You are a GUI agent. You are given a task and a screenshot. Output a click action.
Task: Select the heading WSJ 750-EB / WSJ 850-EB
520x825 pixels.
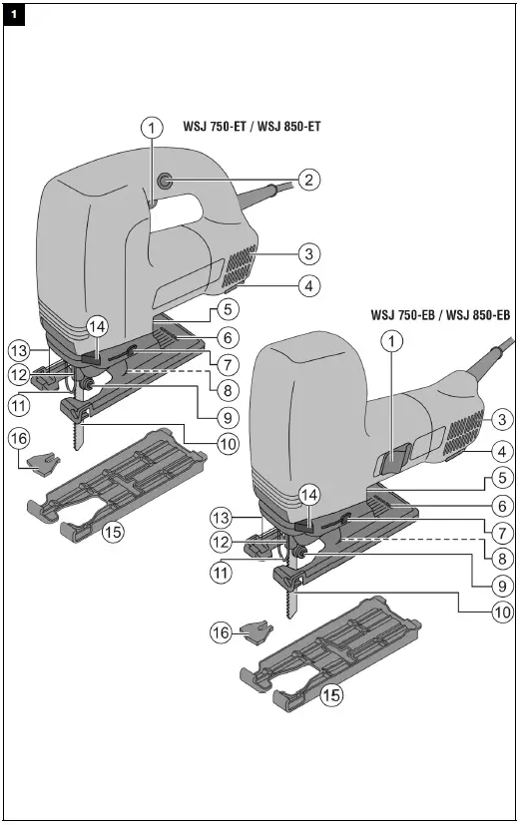(x=439, y=315)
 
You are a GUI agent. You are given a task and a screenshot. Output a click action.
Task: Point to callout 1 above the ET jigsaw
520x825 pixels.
(x=151, y=128)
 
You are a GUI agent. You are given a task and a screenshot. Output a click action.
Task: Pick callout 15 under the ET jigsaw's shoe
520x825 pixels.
(x=113, y=532)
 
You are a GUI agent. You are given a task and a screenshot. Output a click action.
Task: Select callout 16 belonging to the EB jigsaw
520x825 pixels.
(x=221, y=631)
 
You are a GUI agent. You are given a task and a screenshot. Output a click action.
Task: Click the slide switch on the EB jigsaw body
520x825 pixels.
(x=391, y=461)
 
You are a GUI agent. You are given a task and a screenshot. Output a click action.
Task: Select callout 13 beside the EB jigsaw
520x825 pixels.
(x=223, y=518)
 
